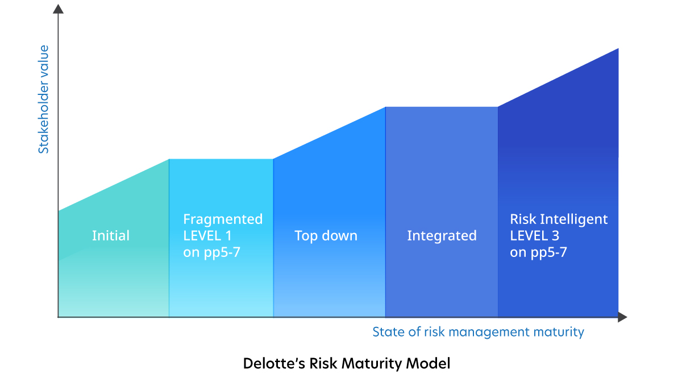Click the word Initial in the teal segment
[111, 235]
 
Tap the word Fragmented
[223, 219]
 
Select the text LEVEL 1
[207, 236]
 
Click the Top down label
[326, 236]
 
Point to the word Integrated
[442, 236]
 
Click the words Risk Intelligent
[559, 219]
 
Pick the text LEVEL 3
[535, 236]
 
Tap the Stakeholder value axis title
[43, 99]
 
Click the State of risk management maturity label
[479, 332]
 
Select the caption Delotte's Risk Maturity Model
[347, 363]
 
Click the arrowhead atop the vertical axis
[58, 9]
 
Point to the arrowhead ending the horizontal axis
[622, 317]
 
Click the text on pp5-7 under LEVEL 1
[212, 252]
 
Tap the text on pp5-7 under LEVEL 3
[539, 252]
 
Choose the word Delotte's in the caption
[275, 363]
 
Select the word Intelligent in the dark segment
[574, 219]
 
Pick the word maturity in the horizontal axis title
[559, 333]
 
